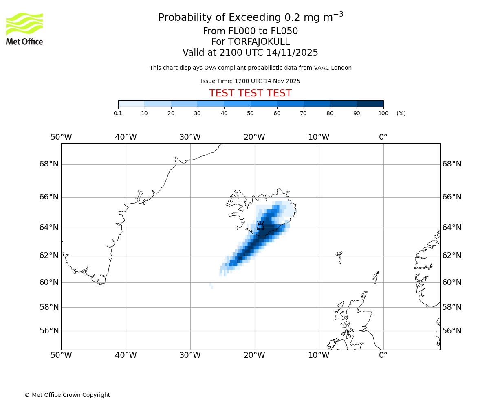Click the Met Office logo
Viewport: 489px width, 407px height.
pos(24,28)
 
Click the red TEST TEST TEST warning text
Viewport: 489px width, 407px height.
pos(250,93)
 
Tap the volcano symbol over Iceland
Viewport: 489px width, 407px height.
pos(260,225)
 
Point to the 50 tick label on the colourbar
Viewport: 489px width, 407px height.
pos(250,113)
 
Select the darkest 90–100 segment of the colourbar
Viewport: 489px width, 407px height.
pos(370,103)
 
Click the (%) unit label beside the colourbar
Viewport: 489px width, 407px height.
pos(401,113)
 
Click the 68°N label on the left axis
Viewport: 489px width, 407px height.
pos(49,164)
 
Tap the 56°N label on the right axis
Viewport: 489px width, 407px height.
pos(452,330)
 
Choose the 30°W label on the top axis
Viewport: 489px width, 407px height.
pos(190,137)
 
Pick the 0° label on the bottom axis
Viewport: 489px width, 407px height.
pos(383,355)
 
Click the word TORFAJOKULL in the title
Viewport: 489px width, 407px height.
pos(259,42)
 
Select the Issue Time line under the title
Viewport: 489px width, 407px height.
pos(250,81)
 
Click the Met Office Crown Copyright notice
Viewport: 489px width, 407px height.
pos(67,395)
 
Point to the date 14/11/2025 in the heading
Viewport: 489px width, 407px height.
pos(292,53)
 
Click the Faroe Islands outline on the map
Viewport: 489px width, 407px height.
pos(339,256)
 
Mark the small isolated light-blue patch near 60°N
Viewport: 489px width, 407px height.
pos(211,286)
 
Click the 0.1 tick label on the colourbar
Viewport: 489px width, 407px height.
pos(118,113)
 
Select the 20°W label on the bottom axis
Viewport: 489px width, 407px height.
pos(254,355)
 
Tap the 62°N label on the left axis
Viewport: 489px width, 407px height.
pos(49,256)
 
